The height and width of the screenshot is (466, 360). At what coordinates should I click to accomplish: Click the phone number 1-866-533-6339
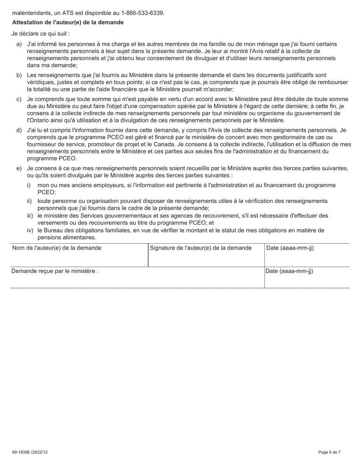tap(142, 13)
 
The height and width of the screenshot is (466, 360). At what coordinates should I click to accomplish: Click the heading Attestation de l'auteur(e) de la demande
tap(68, 23)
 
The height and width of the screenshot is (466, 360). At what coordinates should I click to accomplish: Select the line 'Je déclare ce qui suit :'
tap(41, 34)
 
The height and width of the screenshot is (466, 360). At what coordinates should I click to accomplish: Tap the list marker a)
tap(19, 44)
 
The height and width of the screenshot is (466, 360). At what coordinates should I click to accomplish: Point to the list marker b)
tap(19, 75)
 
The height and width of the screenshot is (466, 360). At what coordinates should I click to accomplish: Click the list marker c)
tap(19, 99)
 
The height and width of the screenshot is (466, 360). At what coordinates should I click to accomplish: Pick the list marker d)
tap(19, 130)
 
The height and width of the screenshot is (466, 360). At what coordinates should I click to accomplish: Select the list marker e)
tap(19, 168)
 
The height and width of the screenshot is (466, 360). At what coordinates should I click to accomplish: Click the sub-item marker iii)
tap(30, 216)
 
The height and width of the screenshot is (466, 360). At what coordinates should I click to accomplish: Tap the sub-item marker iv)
tap(30, 230)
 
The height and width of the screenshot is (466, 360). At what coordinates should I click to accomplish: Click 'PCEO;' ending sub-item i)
tap(47, 192)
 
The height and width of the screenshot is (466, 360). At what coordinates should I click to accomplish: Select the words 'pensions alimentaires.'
tap(67, 238)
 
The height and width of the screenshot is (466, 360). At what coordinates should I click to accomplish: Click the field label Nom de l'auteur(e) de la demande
tap(57, 248)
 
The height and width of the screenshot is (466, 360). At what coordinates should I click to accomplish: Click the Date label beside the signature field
tap(290, 248)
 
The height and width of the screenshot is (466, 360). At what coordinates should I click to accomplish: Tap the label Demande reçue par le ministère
tap(55, 271)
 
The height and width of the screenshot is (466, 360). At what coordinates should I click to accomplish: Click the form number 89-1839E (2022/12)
tap(30, 452)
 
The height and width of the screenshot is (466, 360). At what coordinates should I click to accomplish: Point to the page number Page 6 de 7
tap(329, 452)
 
